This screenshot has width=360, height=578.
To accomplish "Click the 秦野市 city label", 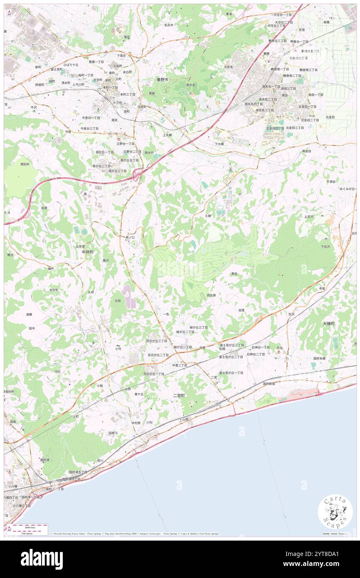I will (x=163, y=79).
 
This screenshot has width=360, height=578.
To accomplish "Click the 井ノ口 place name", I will (x=130, y=237).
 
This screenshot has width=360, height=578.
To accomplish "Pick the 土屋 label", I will (x=209, y=216).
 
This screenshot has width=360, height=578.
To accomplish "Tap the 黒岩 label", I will (x=234, y=274).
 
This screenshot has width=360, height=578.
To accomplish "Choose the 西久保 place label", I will (x=211, y=295).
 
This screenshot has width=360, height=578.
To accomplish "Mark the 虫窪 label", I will (x=242, y=310).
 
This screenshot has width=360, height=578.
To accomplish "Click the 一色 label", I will (x=166, y=314).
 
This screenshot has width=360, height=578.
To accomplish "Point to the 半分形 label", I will (x=54, y=289).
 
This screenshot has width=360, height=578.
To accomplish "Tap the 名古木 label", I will (x=168, y=25).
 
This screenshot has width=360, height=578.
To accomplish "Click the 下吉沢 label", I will (x=325, y=246).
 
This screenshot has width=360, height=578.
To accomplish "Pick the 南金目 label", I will (x=307, y=151).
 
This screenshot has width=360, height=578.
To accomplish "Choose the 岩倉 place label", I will (x=44, y=207).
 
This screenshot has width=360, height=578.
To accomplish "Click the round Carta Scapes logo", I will (x=335, y=513).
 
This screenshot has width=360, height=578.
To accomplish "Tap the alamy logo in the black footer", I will (x=42, y=559).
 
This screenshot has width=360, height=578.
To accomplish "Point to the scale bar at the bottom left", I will (x=27, y=527).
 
